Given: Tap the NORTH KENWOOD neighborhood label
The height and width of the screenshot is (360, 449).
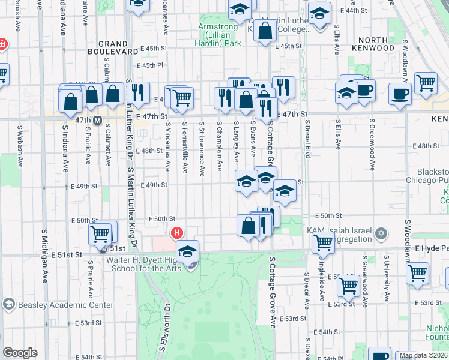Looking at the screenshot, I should click(369, 44).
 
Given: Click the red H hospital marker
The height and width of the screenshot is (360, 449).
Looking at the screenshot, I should click(177, 232).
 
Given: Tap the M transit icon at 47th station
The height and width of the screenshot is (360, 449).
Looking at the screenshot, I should click(97, 120).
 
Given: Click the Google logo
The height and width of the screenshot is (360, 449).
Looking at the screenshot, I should click(20, 353).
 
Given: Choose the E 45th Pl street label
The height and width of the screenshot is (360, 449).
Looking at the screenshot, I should click(150, 65).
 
